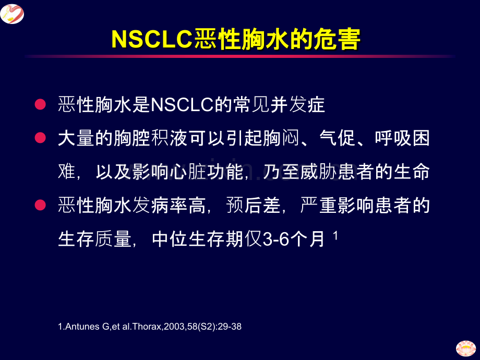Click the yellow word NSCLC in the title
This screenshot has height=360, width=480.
(152, 39)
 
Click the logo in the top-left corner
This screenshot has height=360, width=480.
(12, 14)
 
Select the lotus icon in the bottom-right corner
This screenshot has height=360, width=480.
(466, 349)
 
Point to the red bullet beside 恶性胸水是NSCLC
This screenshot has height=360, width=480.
(40, 104)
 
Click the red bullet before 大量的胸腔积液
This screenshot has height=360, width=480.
(40, 138)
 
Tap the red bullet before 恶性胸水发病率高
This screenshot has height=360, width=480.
(40, 205)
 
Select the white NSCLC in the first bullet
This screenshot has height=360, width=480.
(182, 105)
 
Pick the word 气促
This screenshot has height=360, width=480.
(337, 138)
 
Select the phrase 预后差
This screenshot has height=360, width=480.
(254, 205)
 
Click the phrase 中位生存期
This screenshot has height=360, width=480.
(198, 239)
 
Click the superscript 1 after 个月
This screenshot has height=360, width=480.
(335, 235)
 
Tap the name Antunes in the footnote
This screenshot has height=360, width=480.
(82, 327)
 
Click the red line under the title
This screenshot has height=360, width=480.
(240, 56)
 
